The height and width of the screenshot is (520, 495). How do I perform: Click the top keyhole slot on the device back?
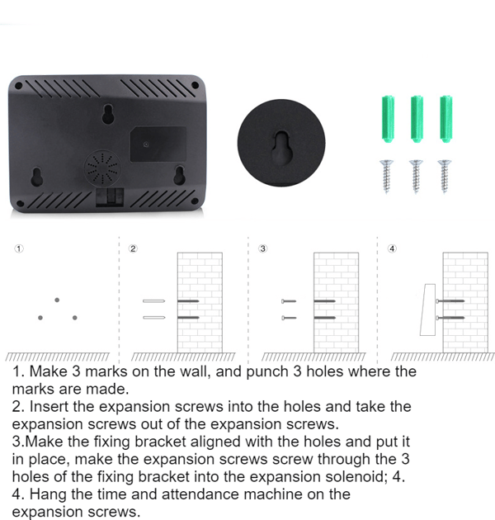[x=107, y=114]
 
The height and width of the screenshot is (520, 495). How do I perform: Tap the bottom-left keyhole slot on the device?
[x=36, y=177]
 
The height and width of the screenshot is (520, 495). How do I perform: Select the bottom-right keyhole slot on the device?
[x=179, y=175]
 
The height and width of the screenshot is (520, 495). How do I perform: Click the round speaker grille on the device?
[x=102, y=168]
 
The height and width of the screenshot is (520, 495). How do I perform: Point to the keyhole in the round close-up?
[x=281, y=148]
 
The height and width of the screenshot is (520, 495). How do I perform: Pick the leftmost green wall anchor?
[x=388, y=119]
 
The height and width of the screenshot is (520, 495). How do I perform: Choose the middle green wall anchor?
[x=417, y=119]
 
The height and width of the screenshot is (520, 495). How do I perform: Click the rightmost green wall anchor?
[x=445, y=119]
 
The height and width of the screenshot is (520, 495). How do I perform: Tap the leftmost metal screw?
[x=387, y=177]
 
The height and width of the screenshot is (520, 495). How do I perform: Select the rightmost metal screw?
[x=445, y=177]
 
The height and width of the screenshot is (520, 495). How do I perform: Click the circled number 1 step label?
[x=19, y=248]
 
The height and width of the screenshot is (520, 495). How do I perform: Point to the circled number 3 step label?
[x=263, y=248]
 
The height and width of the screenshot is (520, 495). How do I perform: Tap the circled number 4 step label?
[x=392, y=248]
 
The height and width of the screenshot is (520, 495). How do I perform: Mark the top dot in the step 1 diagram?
[x=57, y=300]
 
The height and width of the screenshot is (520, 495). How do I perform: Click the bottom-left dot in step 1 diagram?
[x=40, y=318]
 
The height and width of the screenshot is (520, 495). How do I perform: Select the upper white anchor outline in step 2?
[x=153, y=301]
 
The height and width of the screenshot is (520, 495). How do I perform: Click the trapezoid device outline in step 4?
[x=428, y=310]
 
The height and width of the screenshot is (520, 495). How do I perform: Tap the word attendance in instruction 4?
[x=201, y=494]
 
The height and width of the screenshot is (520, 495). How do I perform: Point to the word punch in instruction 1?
[x=267, y=372]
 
